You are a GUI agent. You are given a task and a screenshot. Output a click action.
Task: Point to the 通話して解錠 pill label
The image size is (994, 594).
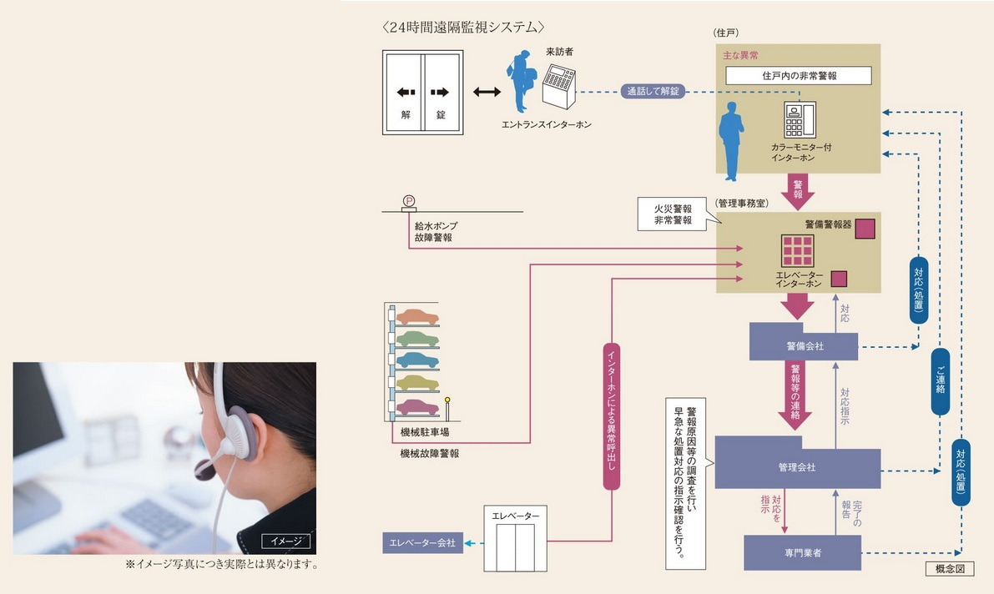click(653, 91)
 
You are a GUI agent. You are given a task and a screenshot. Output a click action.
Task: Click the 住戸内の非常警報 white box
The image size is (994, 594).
click(799, 76)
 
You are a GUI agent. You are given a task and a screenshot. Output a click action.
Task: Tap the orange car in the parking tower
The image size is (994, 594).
click(417, 317)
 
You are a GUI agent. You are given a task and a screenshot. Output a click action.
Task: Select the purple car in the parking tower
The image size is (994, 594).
click(417, 406)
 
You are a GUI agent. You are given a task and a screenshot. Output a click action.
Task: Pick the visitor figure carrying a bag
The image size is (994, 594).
click(522, 81)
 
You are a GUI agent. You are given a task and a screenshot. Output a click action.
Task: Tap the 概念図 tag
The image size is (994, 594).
click(950, 570)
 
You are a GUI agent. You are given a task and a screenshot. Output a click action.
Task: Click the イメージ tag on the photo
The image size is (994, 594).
click(285, 541)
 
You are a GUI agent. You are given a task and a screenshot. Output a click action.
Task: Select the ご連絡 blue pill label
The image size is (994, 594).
click(940, 381)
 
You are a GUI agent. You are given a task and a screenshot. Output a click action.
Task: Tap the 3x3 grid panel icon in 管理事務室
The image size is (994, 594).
click(797, 251)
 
